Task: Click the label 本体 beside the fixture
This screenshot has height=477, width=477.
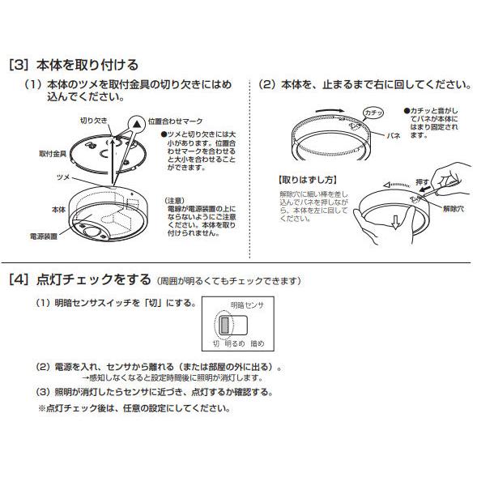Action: point(57,209)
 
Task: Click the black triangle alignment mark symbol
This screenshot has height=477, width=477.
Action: point(137,121)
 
